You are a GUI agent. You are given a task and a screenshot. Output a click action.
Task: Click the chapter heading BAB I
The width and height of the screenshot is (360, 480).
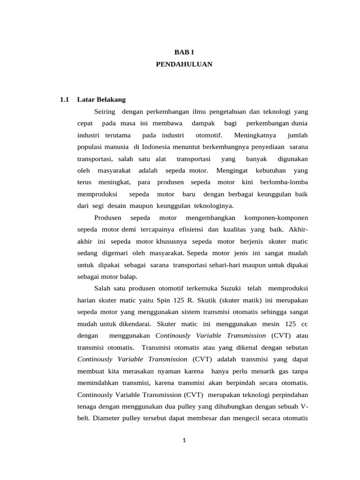(184, 53)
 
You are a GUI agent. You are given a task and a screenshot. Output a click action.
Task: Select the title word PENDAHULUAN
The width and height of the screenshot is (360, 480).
(184, 65)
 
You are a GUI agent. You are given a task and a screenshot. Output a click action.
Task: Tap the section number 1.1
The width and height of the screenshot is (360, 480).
(65, 99)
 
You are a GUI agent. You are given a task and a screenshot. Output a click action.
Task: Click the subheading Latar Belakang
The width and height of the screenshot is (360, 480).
(102, 99)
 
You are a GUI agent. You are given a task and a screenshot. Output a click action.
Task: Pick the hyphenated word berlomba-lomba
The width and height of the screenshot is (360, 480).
(285, 182)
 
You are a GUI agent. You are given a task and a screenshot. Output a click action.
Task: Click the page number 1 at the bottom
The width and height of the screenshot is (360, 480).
(185, 440)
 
